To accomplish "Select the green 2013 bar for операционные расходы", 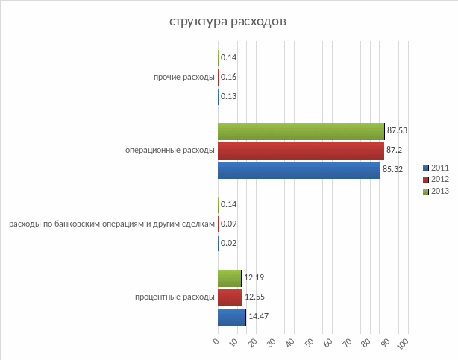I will pos(301,131).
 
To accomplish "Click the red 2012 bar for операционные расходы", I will pos(301,151).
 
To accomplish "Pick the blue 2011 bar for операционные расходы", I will pos(298,170).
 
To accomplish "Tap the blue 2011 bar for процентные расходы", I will pos(231,317).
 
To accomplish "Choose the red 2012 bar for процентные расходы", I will pos(230,297).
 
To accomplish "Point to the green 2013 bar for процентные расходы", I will pos(229,279).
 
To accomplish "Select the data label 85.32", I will pos(392,170).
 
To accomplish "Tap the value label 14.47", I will pos(258,317).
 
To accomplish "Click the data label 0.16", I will pos(228,77).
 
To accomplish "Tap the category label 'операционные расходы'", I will pos(170,151).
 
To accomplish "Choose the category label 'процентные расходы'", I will pos(175,297).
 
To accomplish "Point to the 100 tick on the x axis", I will pos(403,344).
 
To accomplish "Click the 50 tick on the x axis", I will pos(310,343).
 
